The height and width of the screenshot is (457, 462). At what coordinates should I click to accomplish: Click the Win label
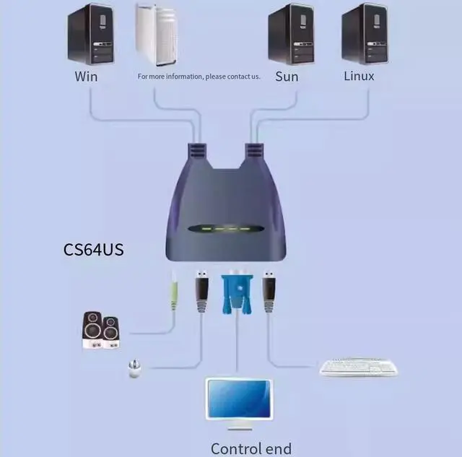tap(86, 75)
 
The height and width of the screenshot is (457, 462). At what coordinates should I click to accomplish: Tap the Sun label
tap(287, 76)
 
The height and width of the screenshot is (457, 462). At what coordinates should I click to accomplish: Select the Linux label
tap(359, 75)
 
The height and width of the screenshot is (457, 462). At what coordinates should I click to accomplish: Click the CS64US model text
tap(94, 251)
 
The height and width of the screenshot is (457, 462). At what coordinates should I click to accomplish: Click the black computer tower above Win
tap(90, 34)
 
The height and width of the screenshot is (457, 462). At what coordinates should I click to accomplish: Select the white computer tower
tap(156, 34)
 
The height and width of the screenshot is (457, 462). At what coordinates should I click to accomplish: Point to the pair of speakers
tap(101, 331)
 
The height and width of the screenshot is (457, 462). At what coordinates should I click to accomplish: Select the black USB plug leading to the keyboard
tap(269, 292)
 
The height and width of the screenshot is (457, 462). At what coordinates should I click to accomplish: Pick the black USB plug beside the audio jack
tap(201, 292)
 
